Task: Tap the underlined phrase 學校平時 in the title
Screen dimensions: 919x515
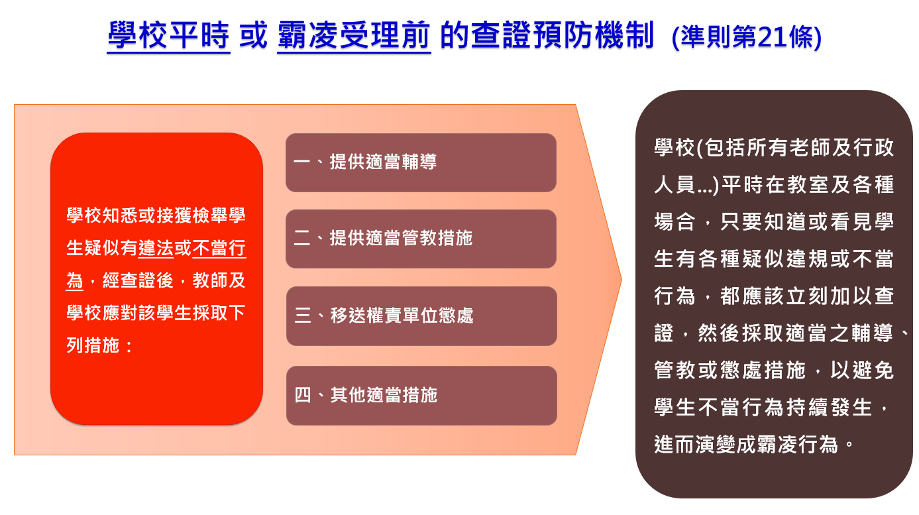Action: (168, 36)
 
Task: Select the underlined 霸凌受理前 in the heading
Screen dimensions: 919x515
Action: (354, 36)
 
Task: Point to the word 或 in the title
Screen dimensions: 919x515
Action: (254, 36)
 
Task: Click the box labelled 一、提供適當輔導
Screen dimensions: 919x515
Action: (421, 162)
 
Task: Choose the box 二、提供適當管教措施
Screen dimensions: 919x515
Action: (421, 239)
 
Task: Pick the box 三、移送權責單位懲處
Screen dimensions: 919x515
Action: (421, 316)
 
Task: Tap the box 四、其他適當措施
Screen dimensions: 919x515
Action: (421, 396)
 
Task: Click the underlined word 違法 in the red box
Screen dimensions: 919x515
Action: (156, 249)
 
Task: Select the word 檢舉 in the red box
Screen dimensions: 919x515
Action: (201, 216)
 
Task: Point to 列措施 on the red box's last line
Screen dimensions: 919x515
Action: (93, 345)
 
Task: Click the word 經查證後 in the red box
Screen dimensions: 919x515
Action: (138, 280)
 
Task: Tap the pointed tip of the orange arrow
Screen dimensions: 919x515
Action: (622, 280)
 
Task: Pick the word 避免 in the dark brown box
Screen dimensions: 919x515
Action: (873, 370)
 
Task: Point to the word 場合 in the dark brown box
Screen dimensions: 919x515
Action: (675, 222)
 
